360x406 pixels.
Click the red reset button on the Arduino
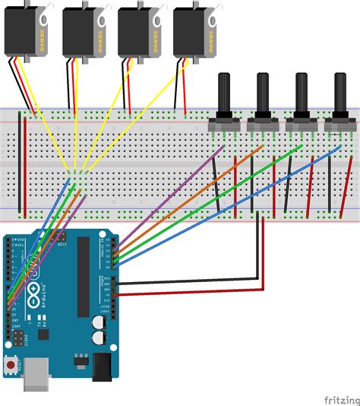[x=11, y=366]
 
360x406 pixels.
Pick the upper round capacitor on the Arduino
[x=98, y=322]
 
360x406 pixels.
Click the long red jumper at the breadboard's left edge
[x=24, y=163]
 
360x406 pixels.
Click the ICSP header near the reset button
[x=14, y=335]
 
